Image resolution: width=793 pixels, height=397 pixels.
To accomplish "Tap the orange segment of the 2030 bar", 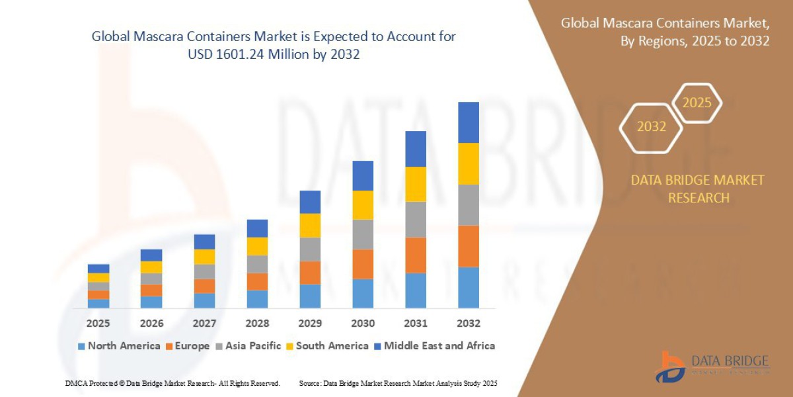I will point(363,264).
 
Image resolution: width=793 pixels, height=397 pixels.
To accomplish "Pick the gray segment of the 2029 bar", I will point(310,249).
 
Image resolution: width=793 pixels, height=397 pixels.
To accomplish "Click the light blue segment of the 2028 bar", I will point(257,299).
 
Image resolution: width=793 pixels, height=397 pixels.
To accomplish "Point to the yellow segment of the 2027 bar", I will point(204,257).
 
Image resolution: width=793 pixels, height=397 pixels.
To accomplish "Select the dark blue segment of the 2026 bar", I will point(151,255).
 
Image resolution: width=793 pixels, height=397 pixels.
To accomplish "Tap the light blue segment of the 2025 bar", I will point(98,304).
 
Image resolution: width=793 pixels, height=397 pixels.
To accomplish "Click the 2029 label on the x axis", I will point(310,324).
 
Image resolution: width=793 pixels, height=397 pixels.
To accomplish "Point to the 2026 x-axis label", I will point(151,324).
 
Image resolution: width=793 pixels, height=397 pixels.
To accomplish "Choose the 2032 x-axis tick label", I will point(468,324).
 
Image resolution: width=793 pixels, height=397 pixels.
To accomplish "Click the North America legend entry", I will point(119,345).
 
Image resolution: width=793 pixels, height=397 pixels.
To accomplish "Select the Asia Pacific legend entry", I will point(248,345).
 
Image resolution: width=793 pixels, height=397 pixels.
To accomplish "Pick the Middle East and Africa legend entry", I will point(434,345).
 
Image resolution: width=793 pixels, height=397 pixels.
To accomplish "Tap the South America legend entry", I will point(326,345).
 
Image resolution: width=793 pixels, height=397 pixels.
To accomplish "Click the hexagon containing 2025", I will point(697,103).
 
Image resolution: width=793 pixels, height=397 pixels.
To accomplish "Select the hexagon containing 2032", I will point(651,126).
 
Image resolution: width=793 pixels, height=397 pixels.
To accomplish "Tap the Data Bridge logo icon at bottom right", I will point(671,367).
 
